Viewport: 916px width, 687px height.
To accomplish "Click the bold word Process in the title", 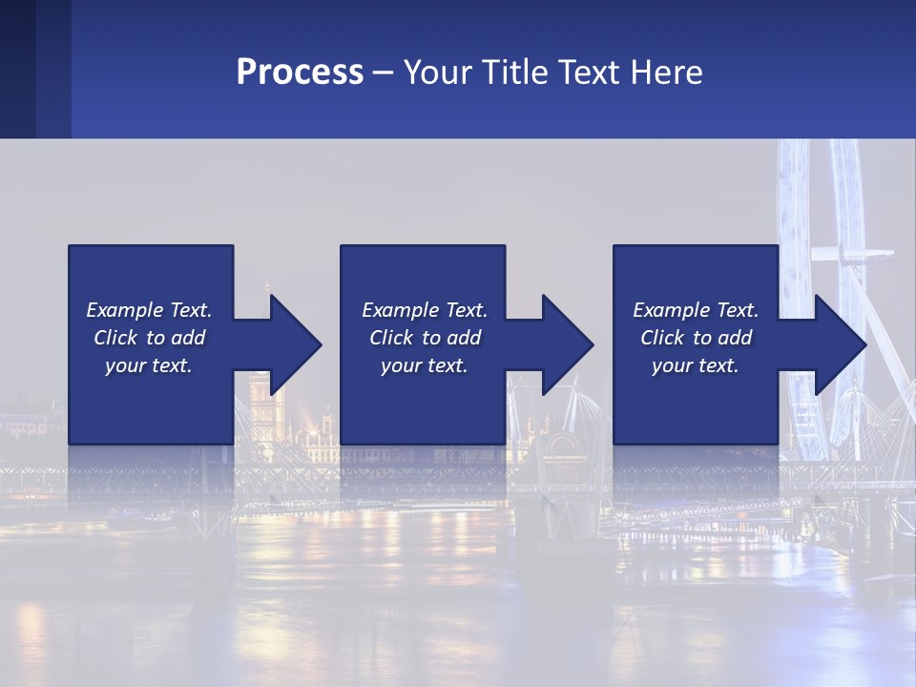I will click(x=300, y=73).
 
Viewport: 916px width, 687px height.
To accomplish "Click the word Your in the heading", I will click(x=436, y=73).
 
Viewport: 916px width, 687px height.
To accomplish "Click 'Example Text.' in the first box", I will click(x=149, y=310).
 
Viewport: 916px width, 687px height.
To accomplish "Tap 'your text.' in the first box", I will click(x=149, y=365).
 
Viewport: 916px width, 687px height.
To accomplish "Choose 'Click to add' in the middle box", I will click(x=425, y=338).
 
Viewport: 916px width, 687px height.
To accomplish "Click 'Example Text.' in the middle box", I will click(x=425, y=310).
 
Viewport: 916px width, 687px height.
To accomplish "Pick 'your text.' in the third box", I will click(x=696, y=365).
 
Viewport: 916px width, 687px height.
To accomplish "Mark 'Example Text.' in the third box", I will click(x=696, y=310).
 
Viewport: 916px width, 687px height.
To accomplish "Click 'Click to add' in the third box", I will click(x=696, y=338).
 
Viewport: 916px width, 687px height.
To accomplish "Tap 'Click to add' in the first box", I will click(x=149, y=338).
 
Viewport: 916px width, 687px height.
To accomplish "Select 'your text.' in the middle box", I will click(x=425, y=365).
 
